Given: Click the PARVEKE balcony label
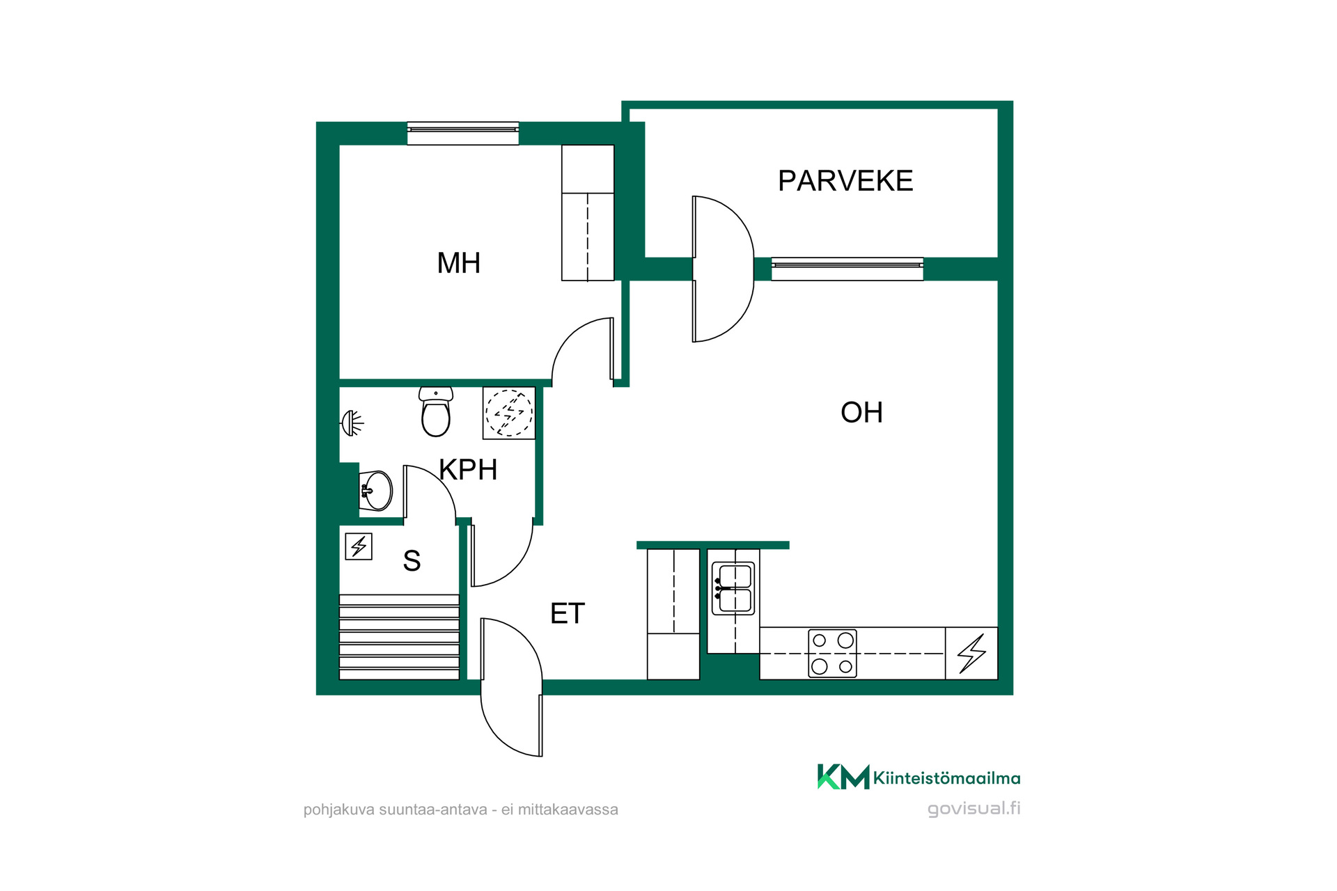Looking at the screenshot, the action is (x=845, y=181).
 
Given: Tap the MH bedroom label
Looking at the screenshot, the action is (x=459, y=263).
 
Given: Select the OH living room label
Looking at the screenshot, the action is (x=861, y=413).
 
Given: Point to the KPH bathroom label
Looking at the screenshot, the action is (x=468, y=470).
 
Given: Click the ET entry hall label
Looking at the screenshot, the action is (x=568, y=614).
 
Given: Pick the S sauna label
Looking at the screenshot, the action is (x=412, y=560).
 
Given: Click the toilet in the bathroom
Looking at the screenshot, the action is (x=436, y=411).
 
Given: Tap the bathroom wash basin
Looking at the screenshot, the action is (x=376, y=491).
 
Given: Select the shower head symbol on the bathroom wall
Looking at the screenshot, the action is (x=352, y=423).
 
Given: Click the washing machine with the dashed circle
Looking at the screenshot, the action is (x=509, y=413).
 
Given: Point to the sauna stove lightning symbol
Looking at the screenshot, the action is (x=359, y=546).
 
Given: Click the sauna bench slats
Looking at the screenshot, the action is (x=399, y=636).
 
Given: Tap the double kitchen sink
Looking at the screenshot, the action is (x=733, y=588).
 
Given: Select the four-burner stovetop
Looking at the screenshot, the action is (x=832, y=653).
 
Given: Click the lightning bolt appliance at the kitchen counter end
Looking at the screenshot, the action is (x=971, y=653).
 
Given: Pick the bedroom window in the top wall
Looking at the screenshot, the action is (x=463, y=134).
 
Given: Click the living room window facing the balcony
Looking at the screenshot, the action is (x=847, y=269).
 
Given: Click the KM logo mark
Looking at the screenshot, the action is (x=843, y=777).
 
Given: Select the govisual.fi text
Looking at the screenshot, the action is (x=974, y=809).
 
